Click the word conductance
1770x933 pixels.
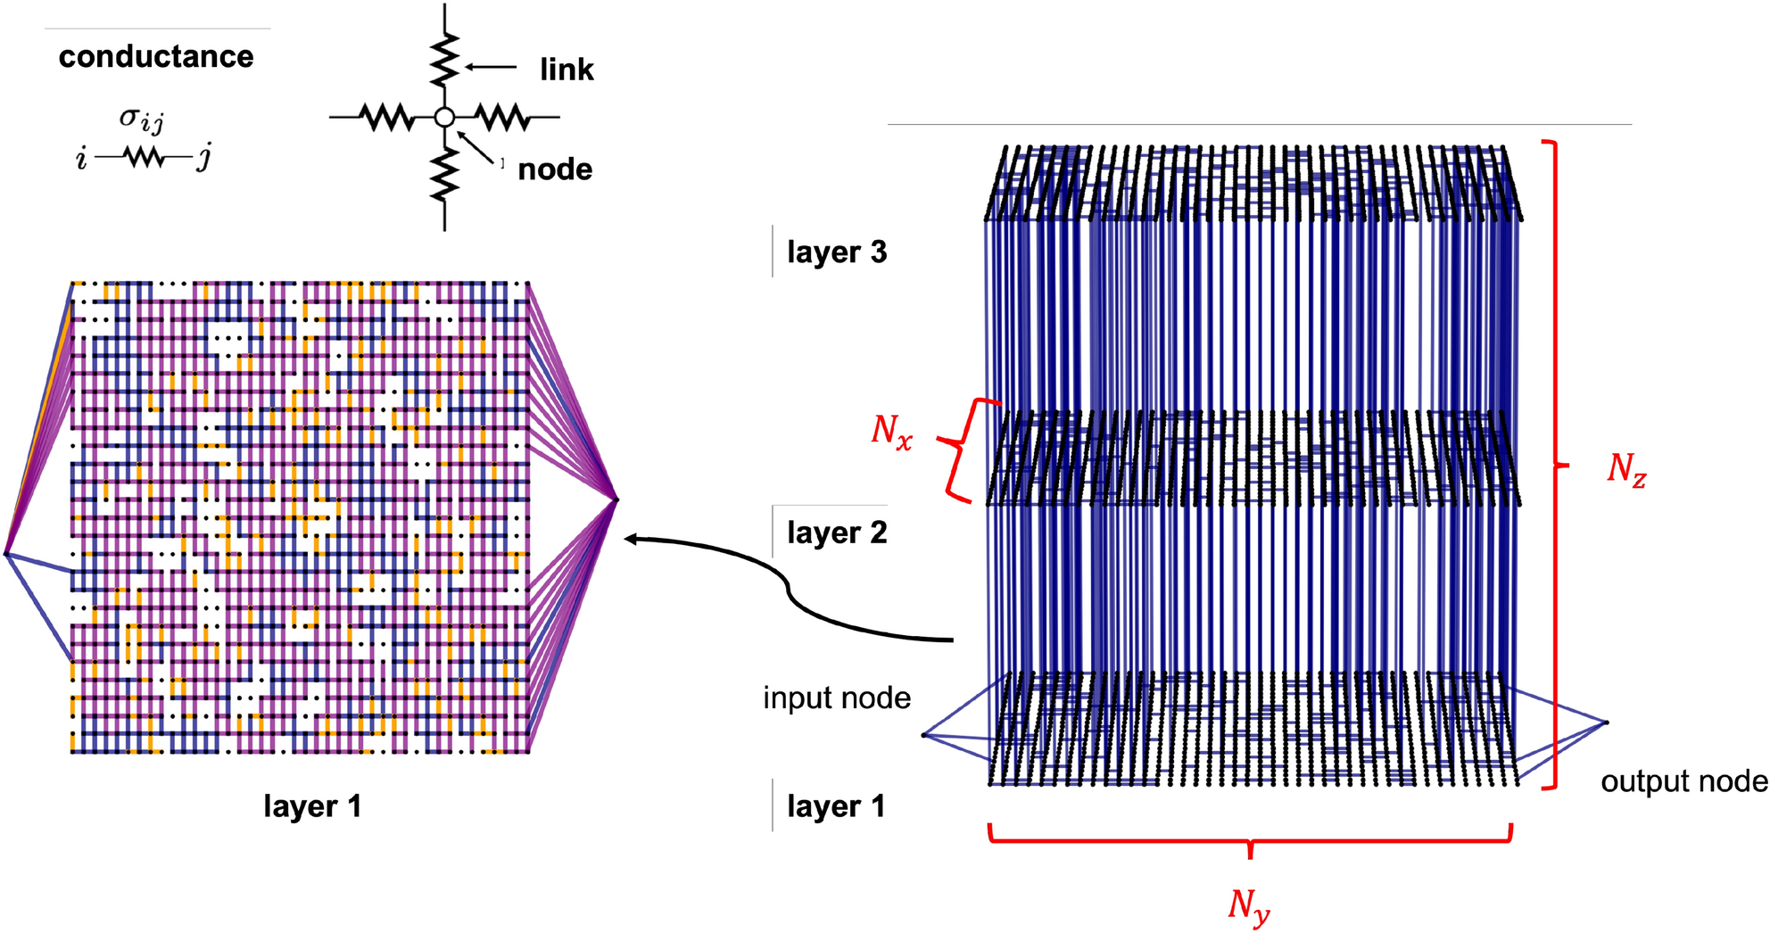pyautogui.click(x=156, y=56)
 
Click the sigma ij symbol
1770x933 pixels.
pyautogui.click(x=141, y=119)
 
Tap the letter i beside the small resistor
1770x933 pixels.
pyautogui.click(x=82, y=159)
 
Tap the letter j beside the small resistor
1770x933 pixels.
pyautogui.click(x=204, y=159)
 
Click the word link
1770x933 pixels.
pyautogui.click(x=567, y=70)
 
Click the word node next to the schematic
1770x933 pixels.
pyautogui.click(x=555, y=169)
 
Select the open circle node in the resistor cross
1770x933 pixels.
pyautogui.click(x=444, y=117)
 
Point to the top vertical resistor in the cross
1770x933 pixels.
pyautogui.click(x=444, y=58)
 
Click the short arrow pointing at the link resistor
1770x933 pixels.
pyautogui.click(x=490, y=67)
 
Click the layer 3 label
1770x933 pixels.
pyautogui.click(x=837, y=252)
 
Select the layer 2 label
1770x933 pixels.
pyautogui.click(x=837, y=533)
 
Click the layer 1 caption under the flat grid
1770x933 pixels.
pyautogui.click(x=312, y=806)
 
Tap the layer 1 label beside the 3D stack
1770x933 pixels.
pyautogui.click(x=836, y=806)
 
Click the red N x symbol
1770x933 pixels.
pyautogui.click(x=891, y=432)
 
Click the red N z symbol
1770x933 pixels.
pyautogui.click(x=1625, y=468)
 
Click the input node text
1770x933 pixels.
pyautogui.click(x=837, y=698)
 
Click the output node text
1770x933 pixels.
pyautogui.click(x=1683, y=781)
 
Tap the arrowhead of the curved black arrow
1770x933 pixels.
pyautogui.click(x=630, y=539)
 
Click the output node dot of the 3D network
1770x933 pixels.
pyautogui.click(x=1606, y=722)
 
